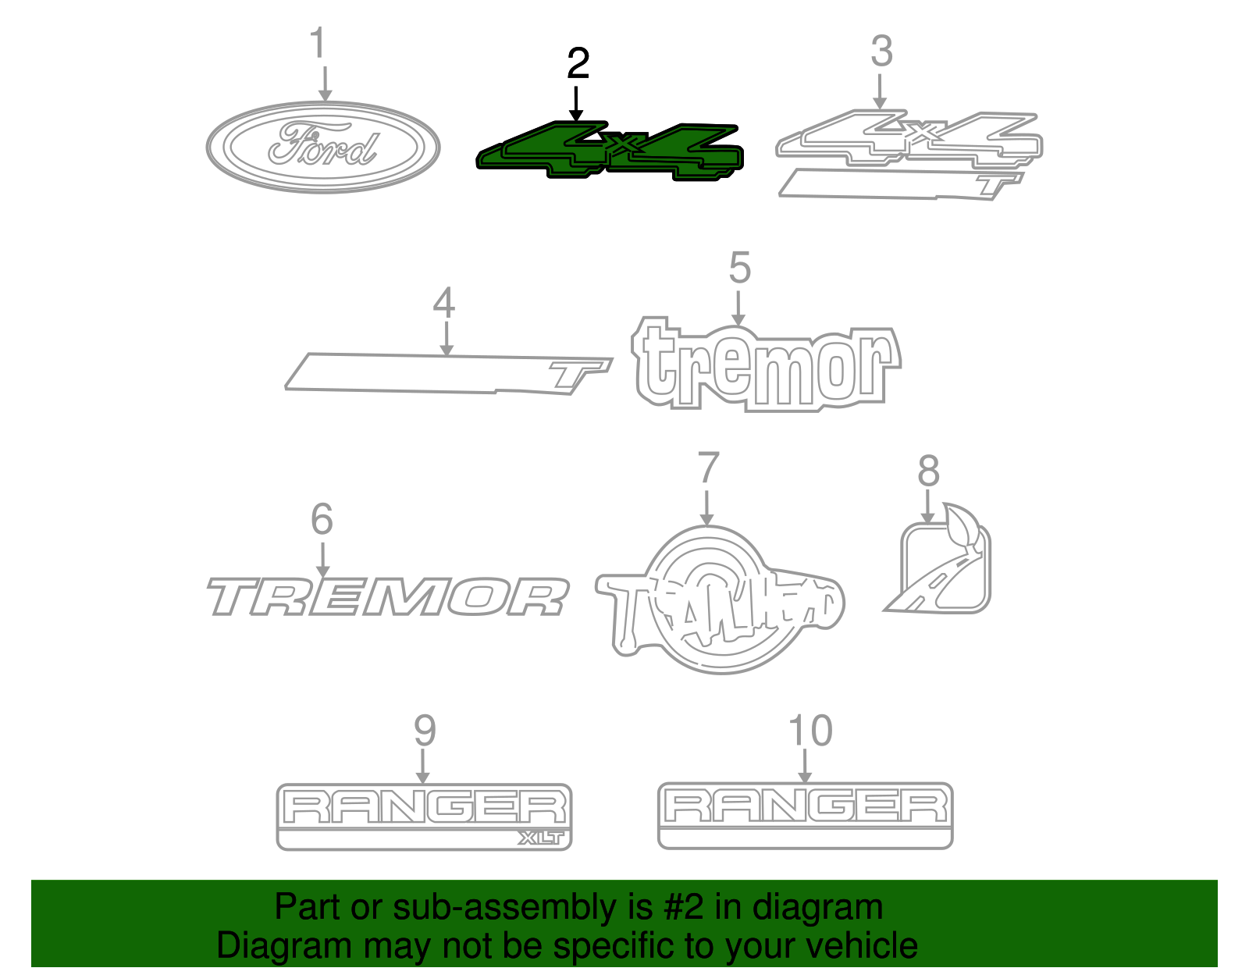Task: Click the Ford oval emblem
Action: tap(323, 147)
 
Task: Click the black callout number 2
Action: tap(578, 63)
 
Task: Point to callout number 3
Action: tap(881, 52)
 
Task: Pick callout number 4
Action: tap(444, 303)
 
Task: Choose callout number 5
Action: tap(739, 268)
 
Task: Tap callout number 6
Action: tap(322, 519)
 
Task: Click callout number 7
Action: tap(707, 468)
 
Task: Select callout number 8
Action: tap(928, 471)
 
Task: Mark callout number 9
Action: tap(424, 731)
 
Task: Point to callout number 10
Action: tap(810, 731)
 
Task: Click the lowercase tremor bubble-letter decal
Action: tap(765, 365)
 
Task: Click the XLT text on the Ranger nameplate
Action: tap(540, 838)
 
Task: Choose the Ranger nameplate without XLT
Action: tap(806, 815)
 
